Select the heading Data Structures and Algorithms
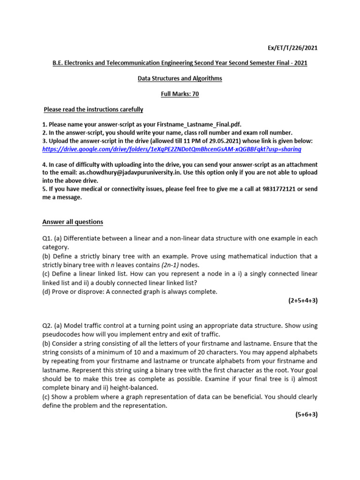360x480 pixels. pyautogui.click(x=180, y=78)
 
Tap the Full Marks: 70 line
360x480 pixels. pyautogui.click(x=180, y=94)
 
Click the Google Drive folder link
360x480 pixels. pyautogui.click(x=172, y=149)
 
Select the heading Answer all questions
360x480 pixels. pyautogui.click(x=73, y=222)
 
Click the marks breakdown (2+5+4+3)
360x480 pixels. pyautogui.click(x=303, y=300)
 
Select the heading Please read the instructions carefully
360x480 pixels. pyautogui.click(x=93, y=110)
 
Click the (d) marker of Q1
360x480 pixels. pyautogui.click(x=46, y=292)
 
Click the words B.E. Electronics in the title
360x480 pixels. pyautogui.click(x=76, y=63)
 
